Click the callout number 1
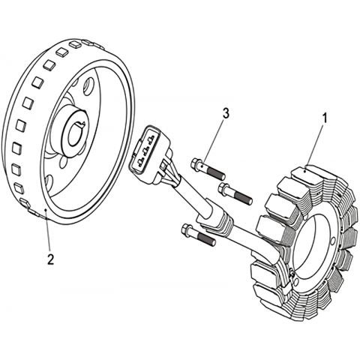[x=325, y=118]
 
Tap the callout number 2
[x=51, y=259]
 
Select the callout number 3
[x=226, y=114]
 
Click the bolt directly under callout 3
[x=208, y=169]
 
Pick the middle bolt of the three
[x=235, y=193]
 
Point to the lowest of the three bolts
[x=198, y=235]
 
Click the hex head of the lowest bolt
[x=186, y=229]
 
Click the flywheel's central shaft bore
[x=76, y=135]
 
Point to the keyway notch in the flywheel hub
[x=82, y=124]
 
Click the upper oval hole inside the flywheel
[x=88, y=86]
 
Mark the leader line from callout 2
[x=48, y=231]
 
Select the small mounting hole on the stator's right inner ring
[x=332, y=241]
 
